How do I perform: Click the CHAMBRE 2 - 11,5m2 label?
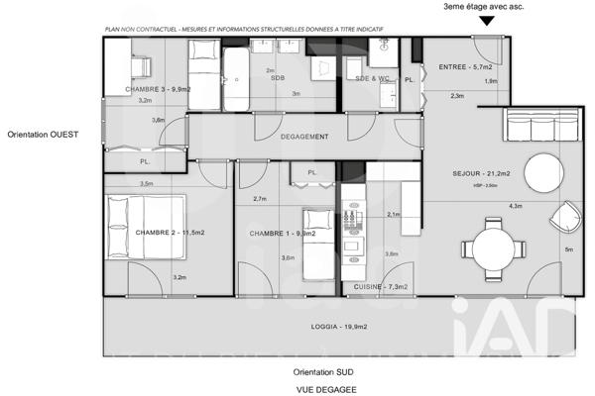click(170, 233)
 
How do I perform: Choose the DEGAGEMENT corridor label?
click(304, 137)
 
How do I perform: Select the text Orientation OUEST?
click(42, 134)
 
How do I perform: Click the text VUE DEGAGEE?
click(324, 388)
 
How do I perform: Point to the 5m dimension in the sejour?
click(568, 249)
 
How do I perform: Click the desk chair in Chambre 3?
click(139, 64)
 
